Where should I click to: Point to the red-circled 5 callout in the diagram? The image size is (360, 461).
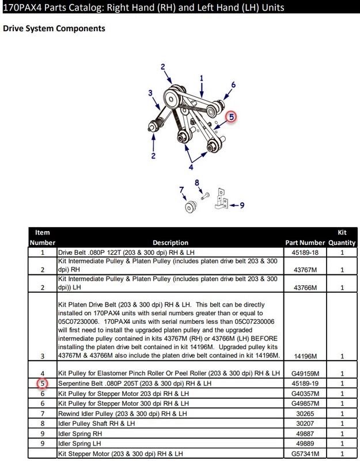pyautogui.click(x=231, y=117)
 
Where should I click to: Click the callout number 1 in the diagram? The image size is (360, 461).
pyautogui.click(x=202, y=78)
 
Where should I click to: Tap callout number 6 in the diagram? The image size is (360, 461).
pyautogui.click(x=233, y=85)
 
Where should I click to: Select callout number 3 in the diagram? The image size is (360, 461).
pyautogui.click(x=150, y=93)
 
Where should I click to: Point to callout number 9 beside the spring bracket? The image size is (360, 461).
pyautogui.click(x=241, y=204)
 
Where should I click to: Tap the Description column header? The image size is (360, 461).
pyautogui.click(x=170, y=243)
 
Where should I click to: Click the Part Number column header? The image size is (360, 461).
pyautogui.click(x=304, y=243)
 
